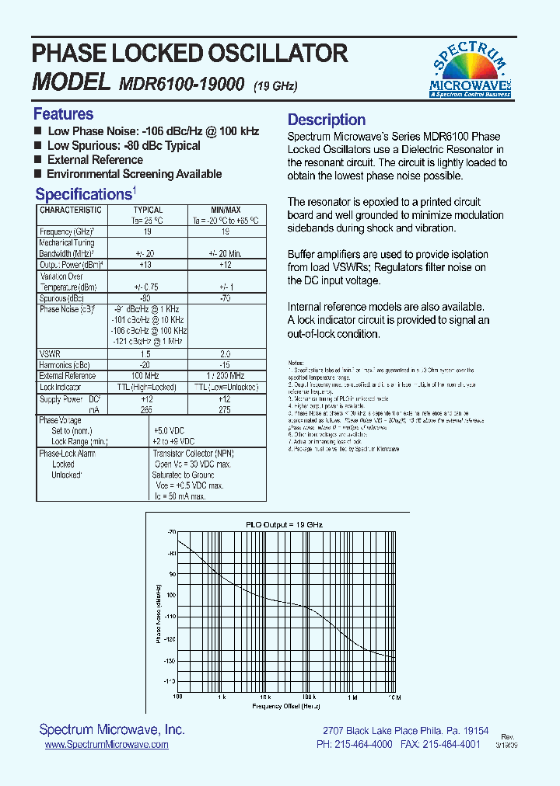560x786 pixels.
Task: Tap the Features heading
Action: click(x=63, y=113)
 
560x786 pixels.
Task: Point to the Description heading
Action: click(x=327, y=120)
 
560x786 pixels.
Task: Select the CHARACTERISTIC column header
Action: click(x=71, y=210)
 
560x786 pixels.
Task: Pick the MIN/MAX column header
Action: click(x=226, y=210)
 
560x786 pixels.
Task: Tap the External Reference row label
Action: click(x=68, y=376)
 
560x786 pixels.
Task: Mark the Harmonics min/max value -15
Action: click(x=226, y=364)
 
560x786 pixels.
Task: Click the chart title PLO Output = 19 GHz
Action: click(x=284, y=525)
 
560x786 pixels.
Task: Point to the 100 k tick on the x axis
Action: click(x=309, y=697)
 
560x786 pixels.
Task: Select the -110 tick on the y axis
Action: click(x=170, y=617)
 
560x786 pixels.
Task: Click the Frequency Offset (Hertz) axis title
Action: click(x=285, y=707)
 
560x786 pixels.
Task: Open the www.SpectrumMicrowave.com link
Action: click(x=107, y=744)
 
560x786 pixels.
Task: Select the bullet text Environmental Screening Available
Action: click(x=134, y=174)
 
